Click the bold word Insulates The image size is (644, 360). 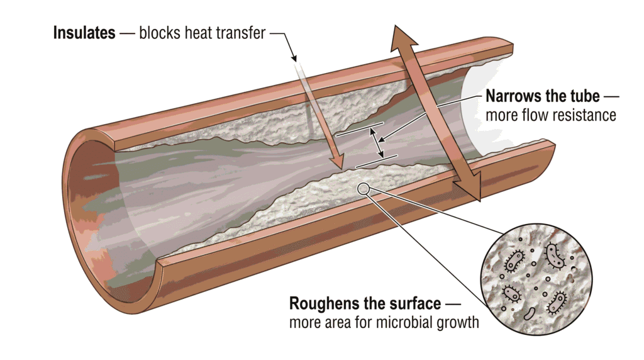[84, 33]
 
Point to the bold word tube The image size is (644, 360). [584, 96]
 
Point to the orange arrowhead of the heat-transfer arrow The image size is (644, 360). [337, 162]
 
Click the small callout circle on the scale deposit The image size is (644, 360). [363, 189]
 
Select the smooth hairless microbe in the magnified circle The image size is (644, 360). [530, 314]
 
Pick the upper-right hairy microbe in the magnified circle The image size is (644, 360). [554, 255]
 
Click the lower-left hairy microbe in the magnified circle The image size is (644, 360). [512, 293]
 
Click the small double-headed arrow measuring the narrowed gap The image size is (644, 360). [377, 143]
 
